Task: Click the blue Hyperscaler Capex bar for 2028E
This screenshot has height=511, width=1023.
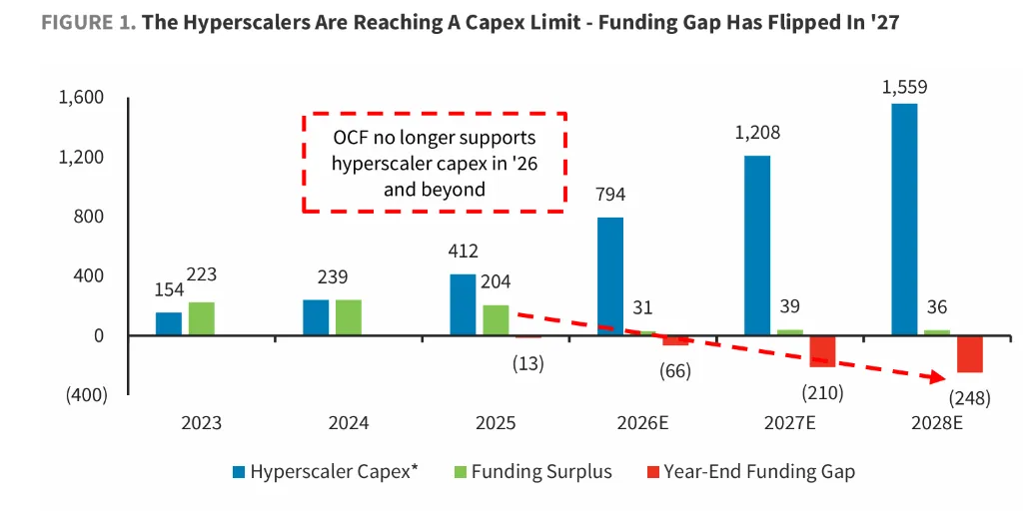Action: pos(904,220)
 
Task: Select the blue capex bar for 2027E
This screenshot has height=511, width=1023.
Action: pos(757,246)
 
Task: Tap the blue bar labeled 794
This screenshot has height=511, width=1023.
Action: pos(610,276)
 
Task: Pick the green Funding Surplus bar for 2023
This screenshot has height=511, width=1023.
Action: pos(202,318)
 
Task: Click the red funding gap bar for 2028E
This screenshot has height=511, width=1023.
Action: pos(970,354)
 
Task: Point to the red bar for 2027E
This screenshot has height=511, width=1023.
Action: pos(823,352)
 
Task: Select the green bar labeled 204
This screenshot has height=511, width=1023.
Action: pos(496,320)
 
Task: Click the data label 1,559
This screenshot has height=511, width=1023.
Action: pos(903,88)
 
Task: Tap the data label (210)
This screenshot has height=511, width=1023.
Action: pos(822,393)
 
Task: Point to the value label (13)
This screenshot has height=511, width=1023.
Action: pos(527,363)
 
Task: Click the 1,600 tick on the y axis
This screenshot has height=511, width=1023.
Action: pos(82,98)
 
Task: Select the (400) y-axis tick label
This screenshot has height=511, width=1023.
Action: pos(84,395)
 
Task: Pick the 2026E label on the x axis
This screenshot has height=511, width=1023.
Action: pos(642,423)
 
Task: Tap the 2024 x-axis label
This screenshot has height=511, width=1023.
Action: pos(349,423)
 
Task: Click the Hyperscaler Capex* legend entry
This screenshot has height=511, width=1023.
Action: pos(325,472)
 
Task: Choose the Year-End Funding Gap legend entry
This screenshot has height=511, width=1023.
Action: pos(749,472)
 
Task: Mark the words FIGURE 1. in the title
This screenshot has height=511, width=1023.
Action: pos(89,23)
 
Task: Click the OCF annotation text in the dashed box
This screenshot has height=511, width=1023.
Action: pos(434,164)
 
